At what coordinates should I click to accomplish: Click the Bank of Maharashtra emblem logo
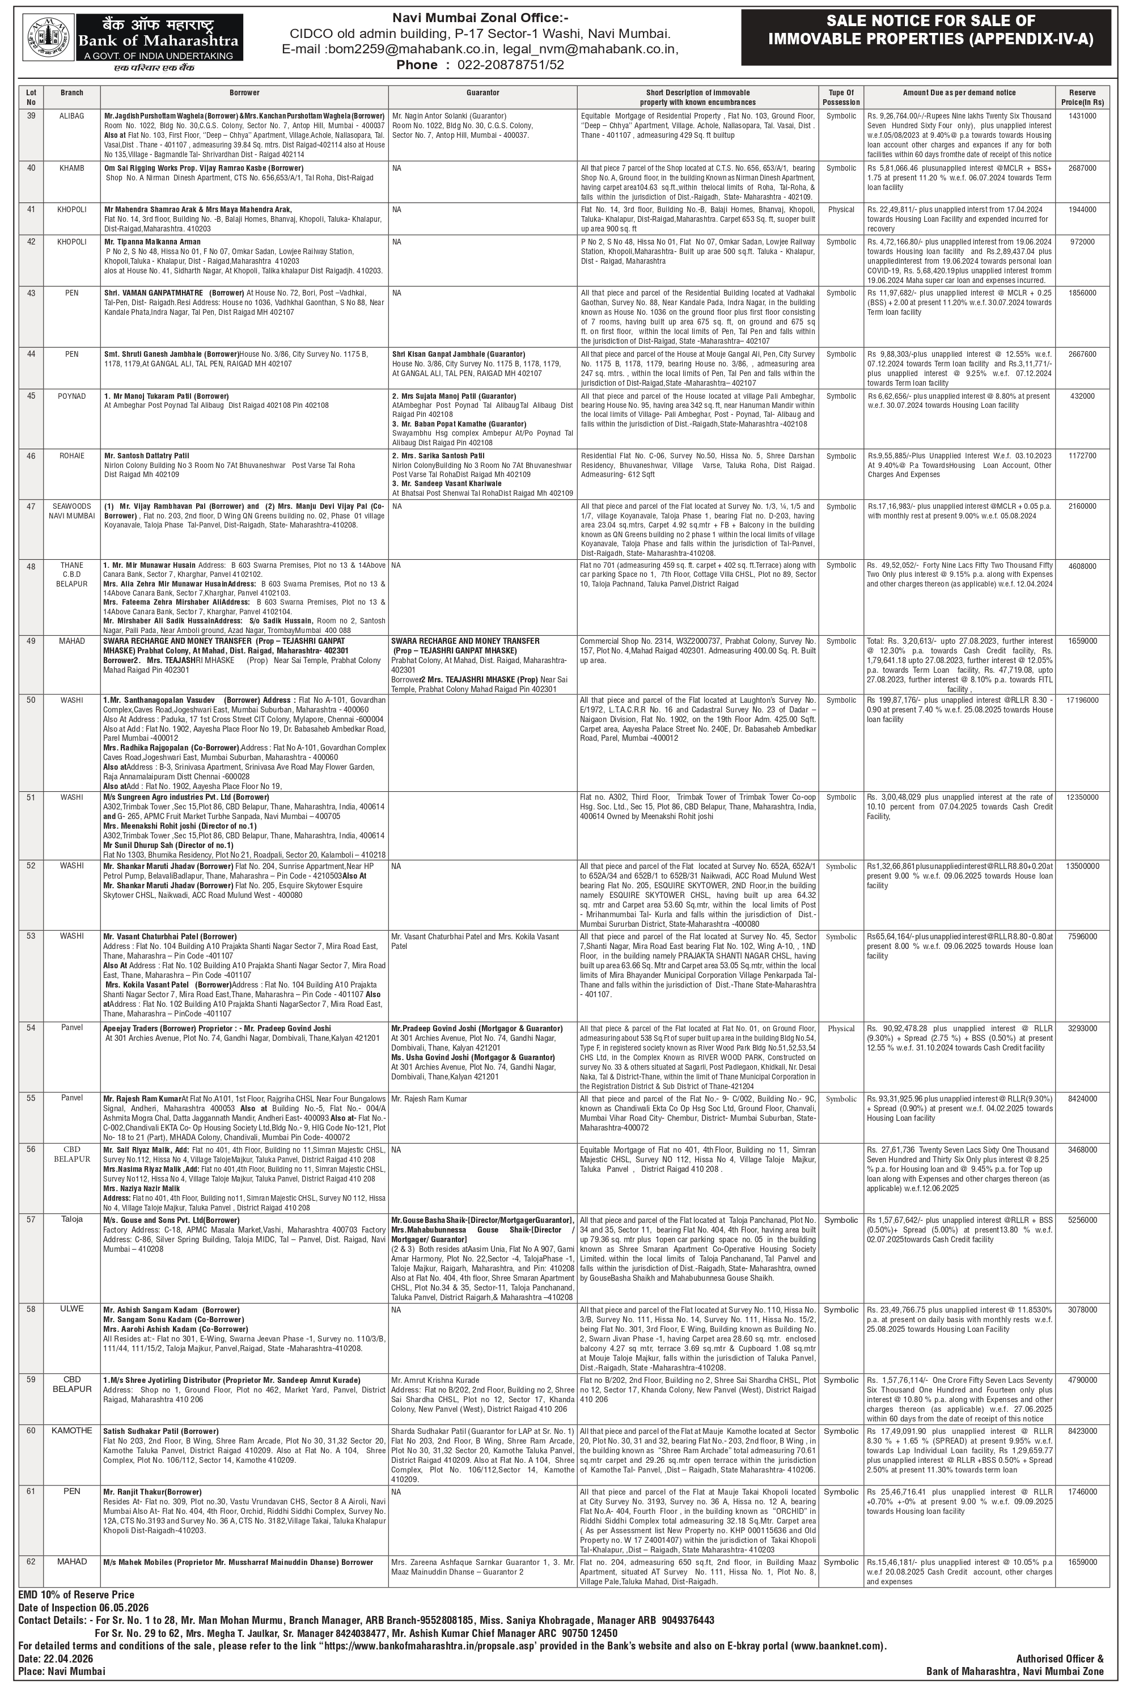[x=49, y=38]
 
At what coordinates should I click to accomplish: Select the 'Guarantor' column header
[x=482, y=93]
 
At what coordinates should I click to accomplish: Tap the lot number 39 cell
[x=31, y=115]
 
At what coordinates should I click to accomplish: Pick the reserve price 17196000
[x=1082, y=700]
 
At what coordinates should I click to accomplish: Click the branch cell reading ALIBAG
[x=71, y=115]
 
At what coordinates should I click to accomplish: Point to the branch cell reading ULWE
[x=71, y=1309]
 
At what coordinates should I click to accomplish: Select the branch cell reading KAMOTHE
[x=71, y=1430]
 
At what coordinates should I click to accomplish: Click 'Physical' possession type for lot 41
[x=841, y=210]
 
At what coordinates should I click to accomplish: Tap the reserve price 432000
[x=1082, y=396]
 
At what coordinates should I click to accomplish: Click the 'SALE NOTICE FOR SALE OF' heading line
[x=930, y=22]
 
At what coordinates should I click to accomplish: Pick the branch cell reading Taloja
[x=71, y=1219]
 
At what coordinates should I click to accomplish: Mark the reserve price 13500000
[x=1082, y=867]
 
